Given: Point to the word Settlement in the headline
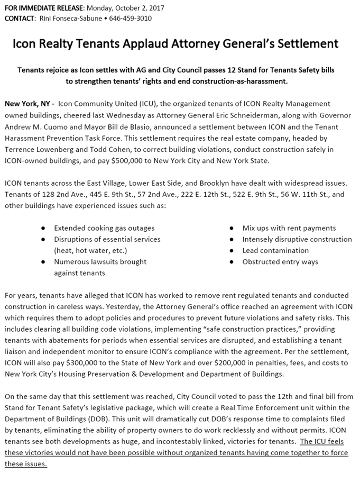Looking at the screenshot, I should (x=306, y=43).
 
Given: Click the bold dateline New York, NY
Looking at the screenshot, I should (x=27, y=104).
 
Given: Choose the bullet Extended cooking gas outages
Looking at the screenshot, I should (x=104, y=228).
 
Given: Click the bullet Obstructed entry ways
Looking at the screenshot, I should (x=280, y=262).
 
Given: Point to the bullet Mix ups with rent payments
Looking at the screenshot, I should (x=289, y=228).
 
